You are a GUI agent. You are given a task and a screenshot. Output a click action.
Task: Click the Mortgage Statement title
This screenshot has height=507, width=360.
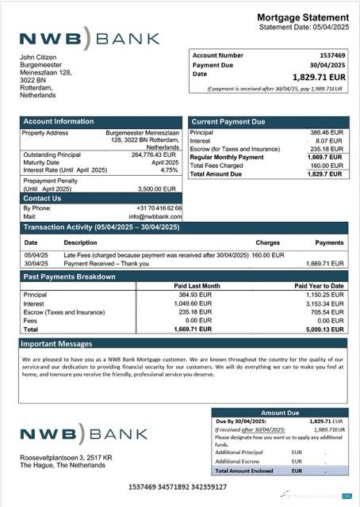coord(303,17)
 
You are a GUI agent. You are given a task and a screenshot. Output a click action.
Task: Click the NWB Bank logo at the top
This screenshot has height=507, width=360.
coord(89,39)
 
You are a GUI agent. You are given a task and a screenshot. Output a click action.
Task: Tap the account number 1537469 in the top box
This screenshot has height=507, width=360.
coord(331,55)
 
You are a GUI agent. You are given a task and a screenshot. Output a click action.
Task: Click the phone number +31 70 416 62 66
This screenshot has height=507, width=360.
coord(159,208)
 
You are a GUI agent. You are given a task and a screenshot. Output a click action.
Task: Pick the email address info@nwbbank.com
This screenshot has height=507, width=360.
coord(155,215)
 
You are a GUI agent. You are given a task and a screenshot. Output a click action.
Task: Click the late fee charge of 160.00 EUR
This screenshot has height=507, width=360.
coord(268,255)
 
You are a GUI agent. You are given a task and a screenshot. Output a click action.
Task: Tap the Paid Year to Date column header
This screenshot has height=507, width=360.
coord(319,285)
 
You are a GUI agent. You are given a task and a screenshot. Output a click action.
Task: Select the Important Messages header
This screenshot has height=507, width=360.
coord(57,344)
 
